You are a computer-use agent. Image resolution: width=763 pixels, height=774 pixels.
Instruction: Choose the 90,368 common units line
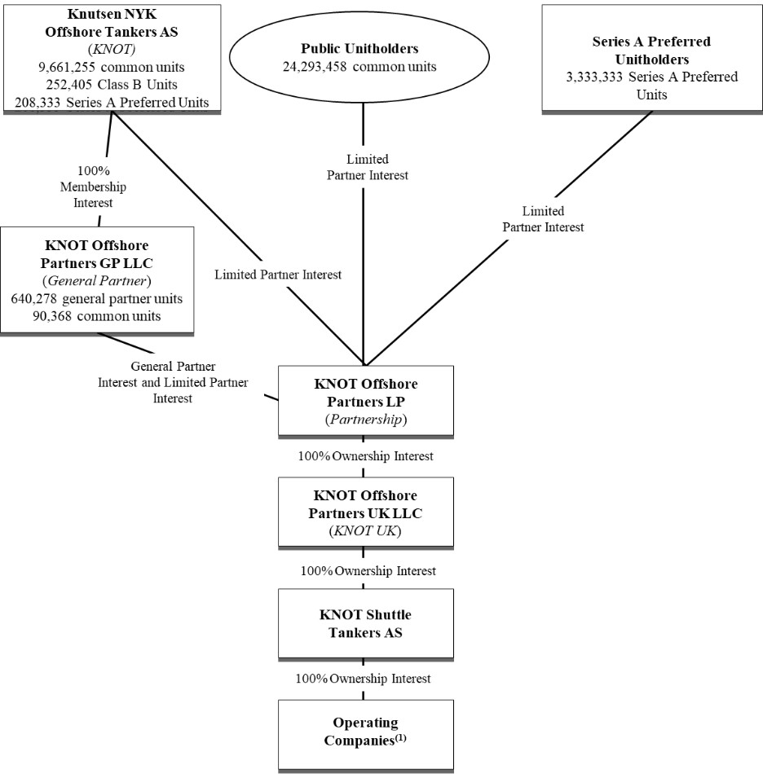tap(97, 315)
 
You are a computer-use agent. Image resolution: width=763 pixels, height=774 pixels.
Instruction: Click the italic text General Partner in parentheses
tap(97, 280)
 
